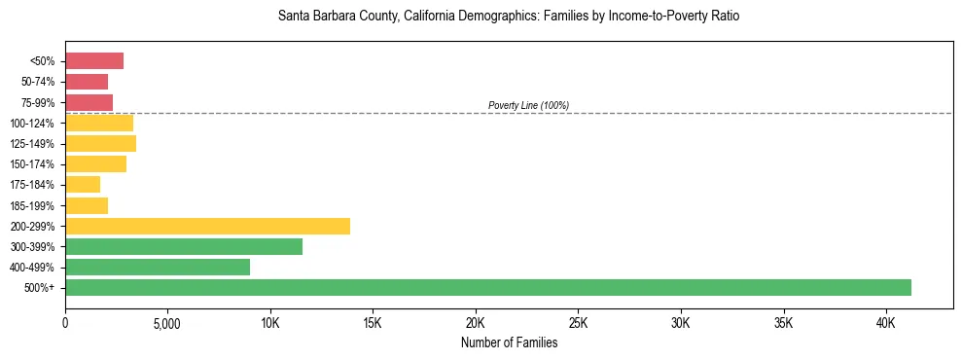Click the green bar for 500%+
tap(487, 287)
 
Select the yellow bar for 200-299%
tap(207, 226)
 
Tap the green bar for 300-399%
tap(184, 246)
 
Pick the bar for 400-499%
tap(158, 267)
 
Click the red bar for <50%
tap(94, 61)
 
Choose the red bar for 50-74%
tap(87, 82)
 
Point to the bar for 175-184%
tap(83, 185)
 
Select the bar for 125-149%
tap(100, 143)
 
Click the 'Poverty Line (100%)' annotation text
tap(528, 105)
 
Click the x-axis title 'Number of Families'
tap(509, 342)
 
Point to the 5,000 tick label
tap(167, 322)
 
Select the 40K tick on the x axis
tap(885, 322)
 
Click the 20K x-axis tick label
tap(475, 322)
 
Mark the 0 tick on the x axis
tap(65, 322)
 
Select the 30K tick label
tap(680, 322)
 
